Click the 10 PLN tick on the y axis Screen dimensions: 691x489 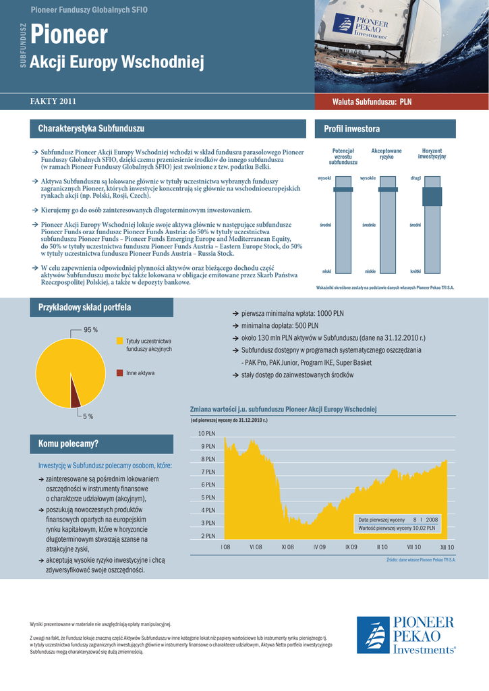click(x=206, y=433)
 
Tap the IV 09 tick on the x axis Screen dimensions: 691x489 click(x=320, y=547)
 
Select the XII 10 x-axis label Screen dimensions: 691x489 click(x=447, y=547)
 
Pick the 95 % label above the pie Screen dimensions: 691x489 click(x=90, y=329)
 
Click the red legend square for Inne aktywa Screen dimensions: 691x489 click(x=120, y=372)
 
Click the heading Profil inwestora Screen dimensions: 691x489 click(x=352, y=129)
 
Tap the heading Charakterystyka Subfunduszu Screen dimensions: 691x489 click(x=91, y=129)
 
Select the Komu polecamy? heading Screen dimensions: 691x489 click(x=68, y=444)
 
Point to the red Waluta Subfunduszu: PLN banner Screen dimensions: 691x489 click(x=372, y=102)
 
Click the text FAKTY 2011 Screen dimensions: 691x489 click(x=53, y=102)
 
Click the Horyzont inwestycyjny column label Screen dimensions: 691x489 click(x=432, y=154)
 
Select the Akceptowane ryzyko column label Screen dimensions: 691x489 click(x=386, y=154)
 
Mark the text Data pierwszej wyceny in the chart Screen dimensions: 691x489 click(x=382, y=520)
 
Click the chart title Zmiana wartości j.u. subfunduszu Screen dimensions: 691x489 click(x=283, y=410)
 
